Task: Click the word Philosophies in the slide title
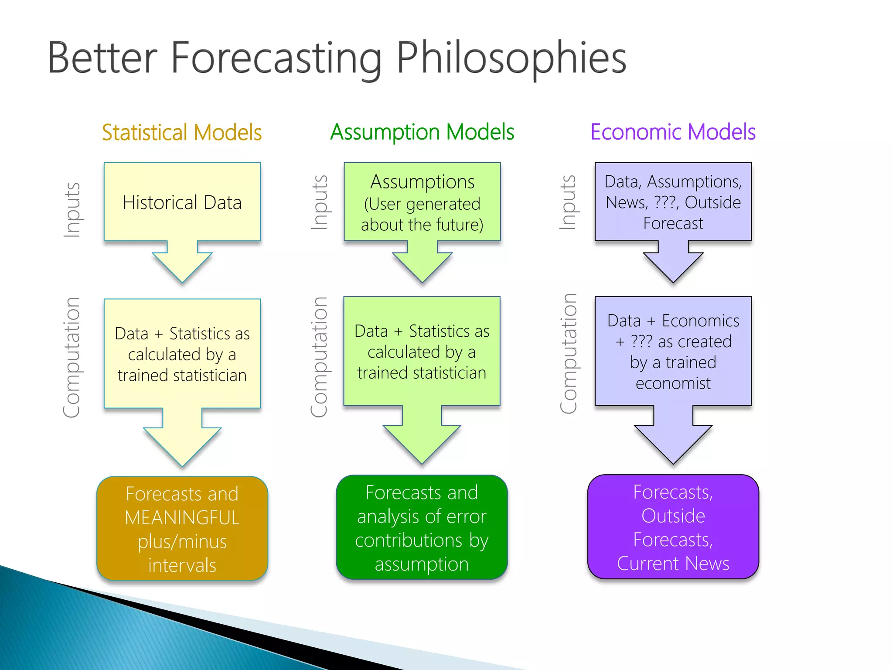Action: click(511, 58)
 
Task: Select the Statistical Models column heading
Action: click(182, 133)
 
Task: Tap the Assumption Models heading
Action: click(422, 132)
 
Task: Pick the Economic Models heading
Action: click(673, 132)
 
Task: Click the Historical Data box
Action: click(182, 202)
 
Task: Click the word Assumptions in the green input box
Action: click(422, 182)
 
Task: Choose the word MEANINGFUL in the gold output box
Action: click(182, 518)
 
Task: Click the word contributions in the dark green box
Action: click(408, 540)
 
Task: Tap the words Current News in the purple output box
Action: click(673, 564)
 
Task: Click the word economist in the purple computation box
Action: click(673, 383)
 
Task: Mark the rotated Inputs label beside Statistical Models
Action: click(72, 210)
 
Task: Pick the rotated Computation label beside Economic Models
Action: click(569, 353)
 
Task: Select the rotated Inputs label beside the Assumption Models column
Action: click(320, 202)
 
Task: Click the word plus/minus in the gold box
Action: click(182, 542)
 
